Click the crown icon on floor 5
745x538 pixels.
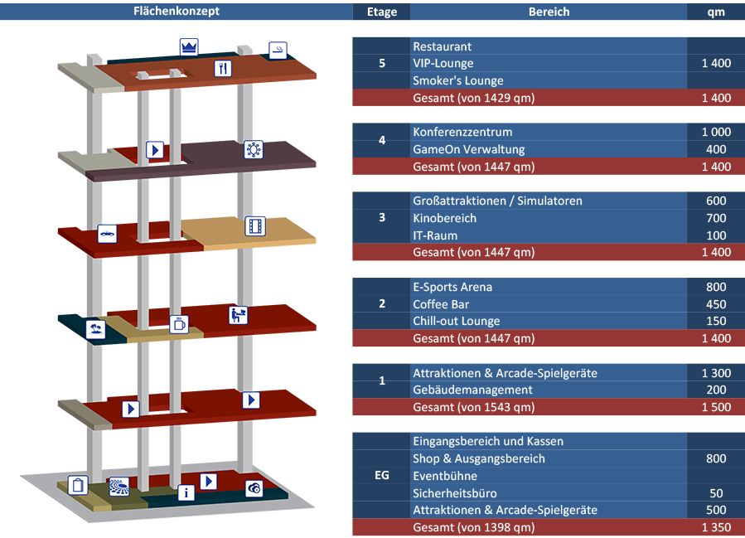pyautogui.click(x=189, y=46)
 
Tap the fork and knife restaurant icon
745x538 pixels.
pyautogui.click(x=223, y=69)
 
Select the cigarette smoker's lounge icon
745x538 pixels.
pyautogui.click(x=278, y=50)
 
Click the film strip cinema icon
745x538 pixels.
pyautogui.click(x=254, y=225)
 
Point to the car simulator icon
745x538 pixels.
pyautogui.click(x=107, y=234)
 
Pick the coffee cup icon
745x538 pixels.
pyautogui.click(x=179, y=324)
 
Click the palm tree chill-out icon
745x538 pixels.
pyautogui.click(x=96, y=329)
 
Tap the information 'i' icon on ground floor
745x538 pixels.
pyautogui.click(x=187, y=492)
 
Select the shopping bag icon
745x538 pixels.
pyautogui.click(x=77, y=485)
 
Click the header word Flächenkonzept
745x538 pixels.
pyautogui.click(x=177, y=12)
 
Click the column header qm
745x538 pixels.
pyautogui.click(x=715, y=12)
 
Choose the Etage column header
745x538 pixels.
pyautogui.click(x=381, y=12)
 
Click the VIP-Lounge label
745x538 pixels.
pyautogui.click(x=443, y=64)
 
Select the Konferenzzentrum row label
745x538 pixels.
pyautogui.click(x=462, y=133)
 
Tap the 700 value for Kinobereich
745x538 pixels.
pyautogui.click(x=715, y=219)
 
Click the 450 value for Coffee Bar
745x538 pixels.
pyautogui.click(x=715, y=304)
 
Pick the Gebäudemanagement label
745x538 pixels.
pyautogui.click(x=472, y=390)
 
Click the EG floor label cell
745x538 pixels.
pyautogui.click(x=381, y=476)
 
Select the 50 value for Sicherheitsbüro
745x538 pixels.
pyautogui.click(x=715, y=493)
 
